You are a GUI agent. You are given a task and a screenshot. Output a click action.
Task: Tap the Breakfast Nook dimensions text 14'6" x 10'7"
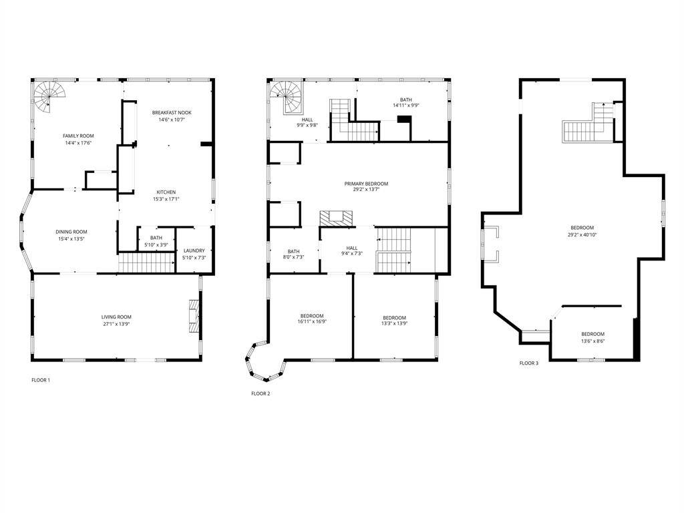click(x=172, y=120)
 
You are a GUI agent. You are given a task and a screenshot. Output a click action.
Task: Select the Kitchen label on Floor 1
click(x=166, y=192)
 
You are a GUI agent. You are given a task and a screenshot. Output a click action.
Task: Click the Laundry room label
click(x=194, y=251)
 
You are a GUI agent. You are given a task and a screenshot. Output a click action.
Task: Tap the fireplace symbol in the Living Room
click(x=194, y=316)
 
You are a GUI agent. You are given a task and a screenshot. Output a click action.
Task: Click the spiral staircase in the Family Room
click(x=49, y=96)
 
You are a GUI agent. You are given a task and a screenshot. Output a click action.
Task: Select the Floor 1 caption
click(x=41, y=380)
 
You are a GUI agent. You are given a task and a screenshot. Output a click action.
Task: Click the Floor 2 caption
click(x=261, y=393)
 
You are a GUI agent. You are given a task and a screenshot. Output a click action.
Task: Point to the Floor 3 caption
click(x=529, y=363)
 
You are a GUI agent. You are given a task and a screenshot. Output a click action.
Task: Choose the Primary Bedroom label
click(x=366, y=184)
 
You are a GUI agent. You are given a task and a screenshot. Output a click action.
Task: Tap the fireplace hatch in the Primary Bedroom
click(x=336, y=218)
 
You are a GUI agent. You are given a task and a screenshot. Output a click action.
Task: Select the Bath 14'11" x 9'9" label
click(x=405, y=102)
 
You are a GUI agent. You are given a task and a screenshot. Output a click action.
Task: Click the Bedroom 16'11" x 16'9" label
click(x=312, y=319)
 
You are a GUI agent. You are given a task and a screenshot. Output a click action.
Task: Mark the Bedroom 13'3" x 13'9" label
click(x=394, y=321)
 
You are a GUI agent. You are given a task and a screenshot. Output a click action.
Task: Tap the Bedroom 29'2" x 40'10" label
click(x=582, y=231)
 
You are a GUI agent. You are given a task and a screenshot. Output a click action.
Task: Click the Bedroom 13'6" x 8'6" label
click(x=593, y=337)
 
